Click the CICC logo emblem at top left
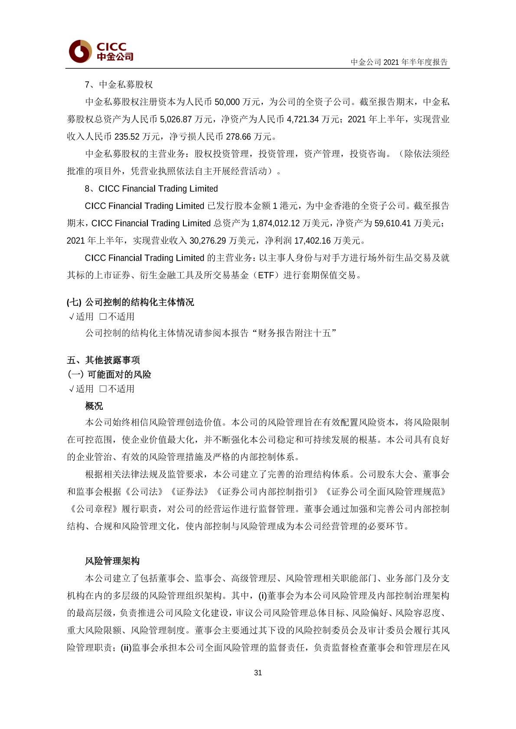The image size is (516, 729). coord(80,52)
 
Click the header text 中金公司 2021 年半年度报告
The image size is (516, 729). coord(399,62)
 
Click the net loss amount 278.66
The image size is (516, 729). coord(238,136)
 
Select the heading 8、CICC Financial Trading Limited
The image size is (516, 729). coord(151,188)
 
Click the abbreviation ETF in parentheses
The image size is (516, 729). coord(265,275)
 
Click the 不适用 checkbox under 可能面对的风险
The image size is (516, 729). coord(103,389)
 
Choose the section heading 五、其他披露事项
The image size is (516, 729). coord(103,360)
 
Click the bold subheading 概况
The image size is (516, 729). coord(94,406)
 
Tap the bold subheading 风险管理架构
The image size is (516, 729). coord(112,561)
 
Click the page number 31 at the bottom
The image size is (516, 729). coord(258,673)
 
